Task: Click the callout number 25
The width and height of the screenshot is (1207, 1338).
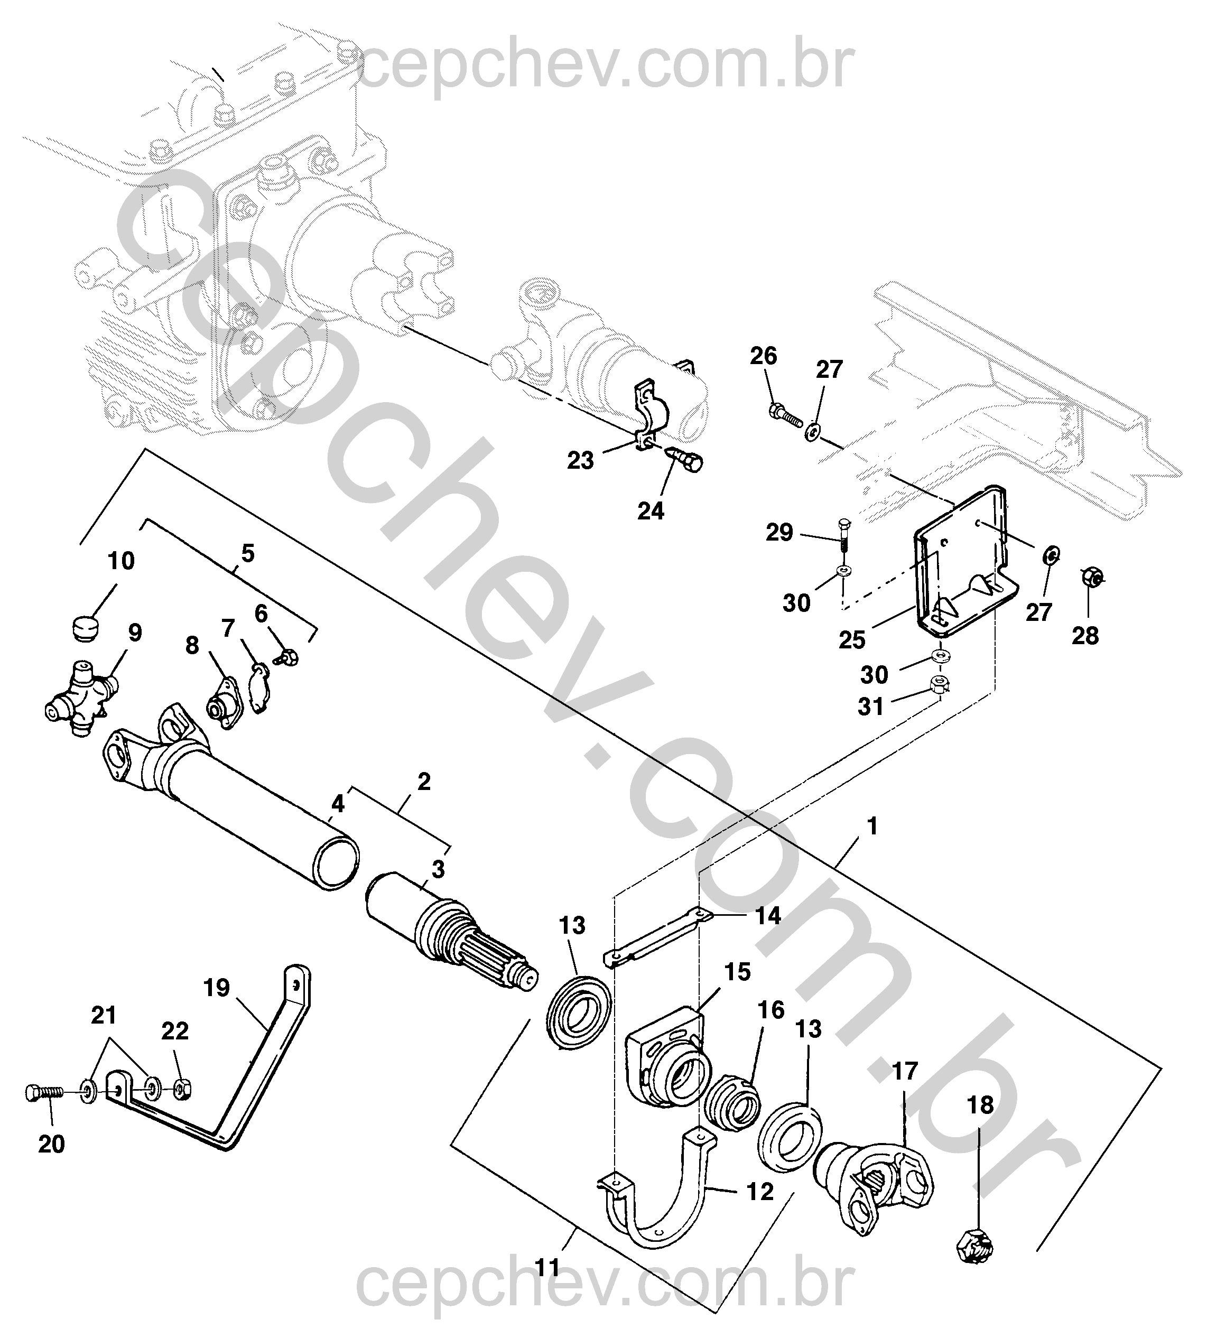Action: click(x=852, y=640)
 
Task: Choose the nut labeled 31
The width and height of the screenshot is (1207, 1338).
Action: click(x=940, y=684)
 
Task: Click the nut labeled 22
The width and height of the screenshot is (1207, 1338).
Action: click(x=183, y=1089)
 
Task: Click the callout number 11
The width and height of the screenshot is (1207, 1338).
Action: click(x=548, y=1268)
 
